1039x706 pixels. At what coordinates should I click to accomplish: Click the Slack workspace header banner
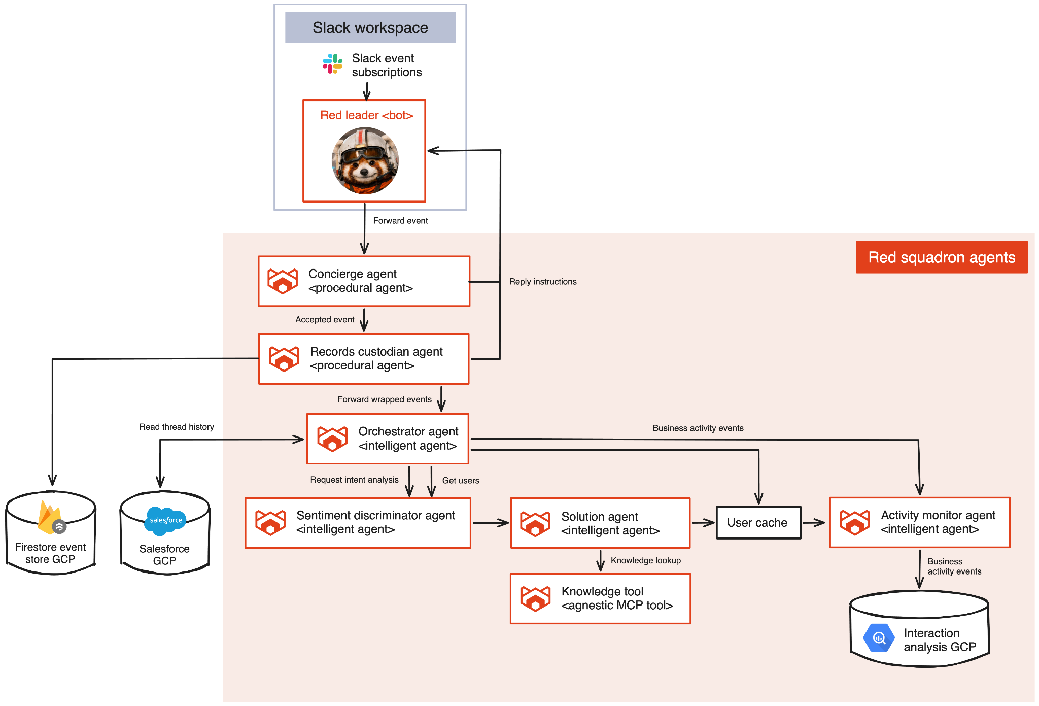[x=370, y=27]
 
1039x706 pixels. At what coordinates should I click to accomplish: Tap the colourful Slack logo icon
[x=332, y=64]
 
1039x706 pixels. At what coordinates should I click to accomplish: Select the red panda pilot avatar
[x=365, y=160]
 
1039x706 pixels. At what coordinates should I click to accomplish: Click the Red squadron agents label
[x=941, y=257]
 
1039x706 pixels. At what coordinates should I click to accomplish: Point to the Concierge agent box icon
[x=283, y=281]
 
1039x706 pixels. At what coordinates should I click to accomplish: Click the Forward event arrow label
[x=400, y=221]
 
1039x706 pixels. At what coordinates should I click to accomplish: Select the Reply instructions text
[x=543, y=282]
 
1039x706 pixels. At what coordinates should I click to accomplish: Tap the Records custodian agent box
[x=364, y=359]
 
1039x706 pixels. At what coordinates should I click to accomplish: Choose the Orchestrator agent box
[x=388, y=439]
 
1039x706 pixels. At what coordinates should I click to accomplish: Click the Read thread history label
[x=177, y=427]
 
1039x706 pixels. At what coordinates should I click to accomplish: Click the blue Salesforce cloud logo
[x=165, y=521]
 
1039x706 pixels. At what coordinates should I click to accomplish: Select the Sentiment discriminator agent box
[x=358, y=523]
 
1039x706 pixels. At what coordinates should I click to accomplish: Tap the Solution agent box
[x=600, y=523]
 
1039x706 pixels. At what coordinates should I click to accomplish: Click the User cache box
[x=758, y=523]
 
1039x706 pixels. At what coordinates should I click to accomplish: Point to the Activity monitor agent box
[x=919, y=522]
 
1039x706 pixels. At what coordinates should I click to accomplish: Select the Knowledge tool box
[x=600, y=598]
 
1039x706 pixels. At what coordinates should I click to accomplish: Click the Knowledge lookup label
[x=645, y=560]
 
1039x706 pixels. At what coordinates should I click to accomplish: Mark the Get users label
[x=461, y=481]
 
